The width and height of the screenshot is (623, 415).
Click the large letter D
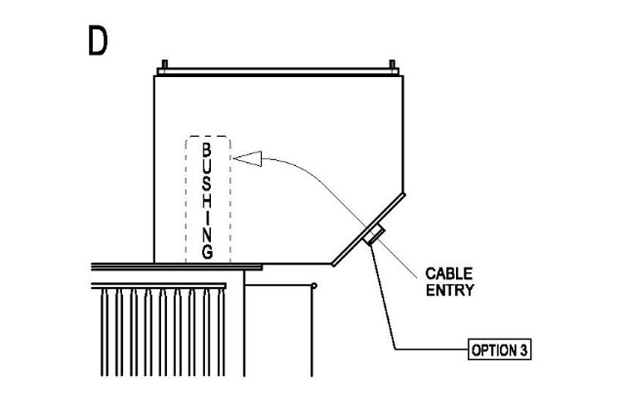97,40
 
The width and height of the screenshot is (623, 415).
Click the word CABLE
449,274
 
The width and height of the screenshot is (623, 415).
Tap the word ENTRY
449,290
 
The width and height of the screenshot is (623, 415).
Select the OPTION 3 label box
499,349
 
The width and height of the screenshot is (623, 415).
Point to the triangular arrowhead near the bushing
248,159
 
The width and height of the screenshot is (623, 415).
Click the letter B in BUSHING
207,150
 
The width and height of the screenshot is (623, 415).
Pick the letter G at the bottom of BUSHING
208,252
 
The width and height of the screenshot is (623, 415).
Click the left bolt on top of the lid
165,65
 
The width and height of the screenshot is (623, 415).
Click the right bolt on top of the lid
392,65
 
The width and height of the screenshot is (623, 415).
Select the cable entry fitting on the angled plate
374,234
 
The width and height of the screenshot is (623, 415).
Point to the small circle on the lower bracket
314,286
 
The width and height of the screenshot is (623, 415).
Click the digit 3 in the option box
523,350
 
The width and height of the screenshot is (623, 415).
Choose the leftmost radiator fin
105,332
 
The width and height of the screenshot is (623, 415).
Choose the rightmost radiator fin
222,332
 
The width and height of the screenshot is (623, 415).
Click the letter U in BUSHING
207,168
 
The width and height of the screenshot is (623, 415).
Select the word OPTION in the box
494,350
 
